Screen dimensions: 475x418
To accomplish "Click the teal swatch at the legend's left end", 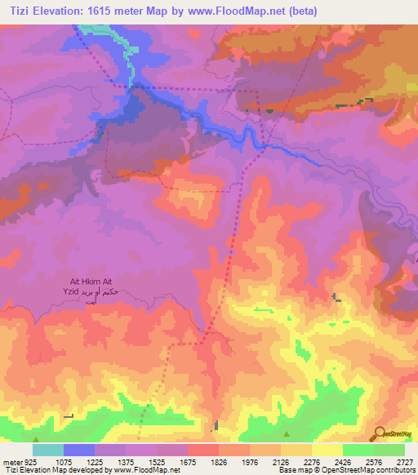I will [48, 450].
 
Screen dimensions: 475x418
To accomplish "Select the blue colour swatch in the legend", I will [79, 450].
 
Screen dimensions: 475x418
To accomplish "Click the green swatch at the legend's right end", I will [389, 450].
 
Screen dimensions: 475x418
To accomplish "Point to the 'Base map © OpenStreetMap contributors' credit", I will [345, 470].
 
